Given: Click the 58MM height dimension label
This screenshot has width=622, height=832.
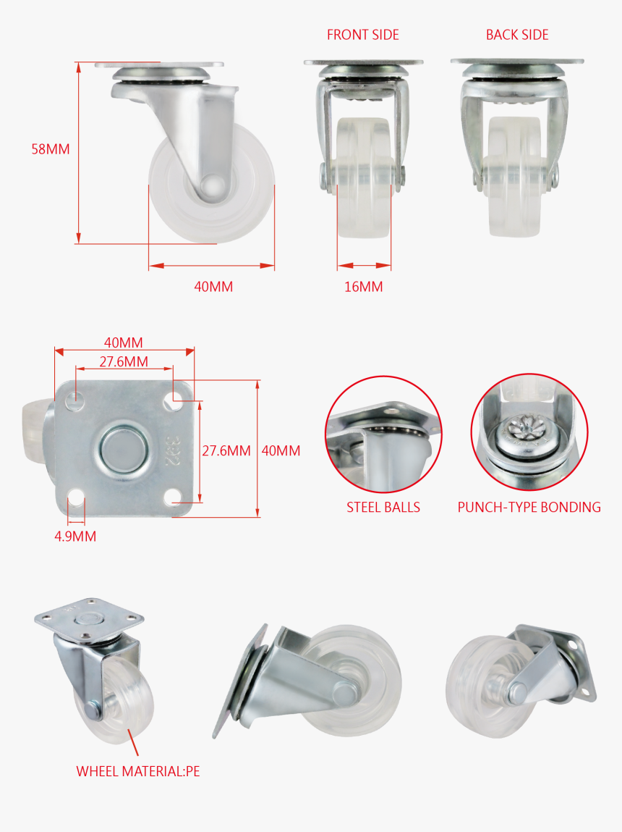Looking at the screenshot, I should click(51, 149).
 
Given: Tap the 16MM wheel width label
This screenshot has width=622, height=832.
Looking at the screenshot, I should click(363, 287).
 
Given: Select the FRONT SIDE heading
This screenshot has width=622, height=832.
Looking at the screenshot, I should click(362, 35).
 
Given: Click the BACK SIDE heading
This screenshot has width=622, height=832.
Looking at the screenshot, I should click(517, 35).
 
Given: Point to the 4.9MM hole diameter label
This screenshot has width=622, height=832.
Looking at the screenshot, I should click(75, 537).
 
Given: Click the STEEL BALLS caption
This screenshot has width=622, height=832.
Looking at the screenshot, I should click(383, 507).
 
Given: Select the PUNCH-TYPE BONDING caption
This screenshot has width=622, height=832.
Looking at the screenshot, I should click(529, 507).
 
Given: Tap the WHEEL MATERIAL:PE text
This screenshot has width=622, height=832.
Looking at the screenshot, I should click(138, 771).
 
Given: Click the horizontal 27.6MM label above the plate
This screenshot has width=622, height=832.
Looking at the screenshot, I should click(124, 361).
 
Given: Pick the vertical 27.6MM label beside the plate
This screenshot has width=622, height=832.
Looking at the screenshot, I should click(226, 450).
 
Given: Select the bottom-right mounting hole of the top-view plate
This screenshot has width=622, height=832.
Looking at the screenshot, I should click(173, 497).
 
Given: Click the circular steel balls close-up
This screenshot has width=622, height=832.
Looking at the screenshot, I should click(383, 433).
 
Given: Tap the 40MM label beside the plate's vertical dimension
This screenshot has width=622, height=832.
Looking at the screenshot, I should click(281, 450).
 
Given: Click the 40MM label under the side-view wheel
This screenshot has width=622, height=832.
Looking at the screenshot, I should click(213, 287).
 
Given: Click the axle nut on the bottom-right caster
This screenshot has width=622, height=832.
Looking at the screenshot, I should click(519, 689).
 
